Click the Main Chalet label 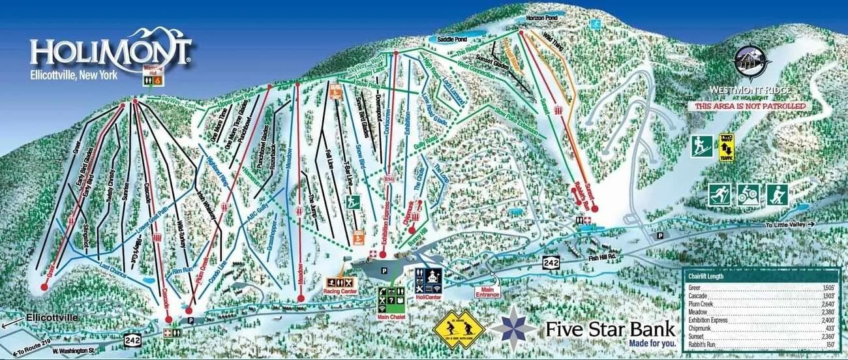pos(391,318)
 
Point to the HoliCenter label pos(429,295)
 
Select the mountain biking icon pos(748,194)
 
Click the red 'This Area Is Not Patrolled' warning pos(750,106)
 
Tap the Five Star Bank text pos(611,328)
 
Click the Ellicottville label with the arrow pos(49,318)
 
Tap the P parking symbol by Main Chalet pos(384,269)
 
